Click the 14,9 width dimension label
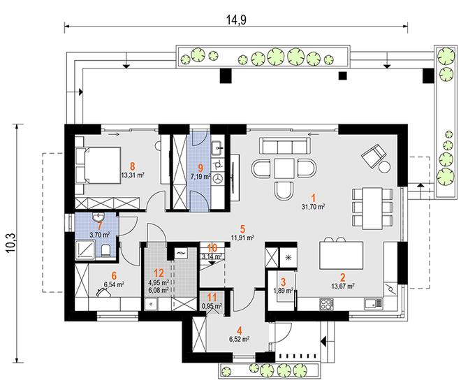pyautogui.click(x=236, y=20)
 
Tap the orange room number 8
pyautogui.click(x=132, y=166)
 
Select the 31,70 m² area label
pyautogui.click(x=313, y=207)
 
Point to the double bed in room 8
pyautogui.click(x=98, y=166)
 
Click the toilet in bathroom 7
pyautogui.click(x=105, y=251)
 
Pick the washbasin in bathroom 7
pyautogui.click(x=98, y=217)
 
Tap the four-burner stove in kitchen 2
pyautogui.click(x=326, y=304)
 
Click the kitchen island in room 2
pyautogui.click(x=341, y=255)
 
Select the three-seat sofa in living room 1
pyautogui.click(x=284, y=145)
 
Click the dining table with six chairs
pyautogui.click(x=372, y=208)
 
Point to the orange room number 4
pyautogui.click(x=240, y=331)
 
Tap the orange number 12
pyautogui.click(x=159, y=273)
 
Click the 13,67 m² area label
pyautogui.click(x=342, y=286)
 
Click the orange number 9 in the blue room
pyautogui.click(x=200, y=168)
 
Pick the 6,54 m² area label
pyautogui.click(x=114, y=284)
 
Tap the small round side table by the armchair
pyautogui.click(x=385, y=167)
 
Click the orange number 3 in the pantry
pyautogui.click(x=283, y=282)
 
